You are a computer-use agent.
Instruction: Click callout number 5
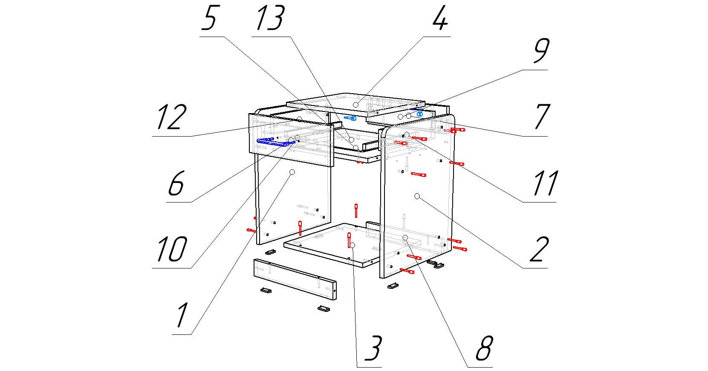pyautogui.click(x=209, y=19)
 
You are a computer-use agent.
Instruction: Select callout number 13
pyautogui.click(x=269, y=19)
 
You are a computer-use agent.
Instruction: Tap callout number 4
pyautogui.click(x=440, y=19)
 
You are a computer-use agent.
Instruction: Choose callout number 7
pyautogui.click(x=541, y=117)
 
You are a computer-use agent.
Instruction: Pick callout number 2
pyautogui.click(x=539, y=249)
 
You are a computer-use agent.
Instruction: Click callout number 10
pyautogui.click(x=171, y=249)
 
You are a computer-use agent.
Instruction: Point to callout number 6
pyautogui.click(x=176, y=183)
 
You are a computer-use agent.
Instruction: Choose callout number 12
pyautogui.click(x=171, y=117)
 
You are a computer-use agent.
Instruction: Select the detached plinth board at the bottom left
pyautogui.click(x=295, y=278)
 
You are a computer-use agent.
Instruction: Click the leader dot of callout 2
pyautogui.click(x=417, y=196)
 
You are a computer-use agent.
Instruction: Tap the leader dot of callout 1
pyautogui.click(x=292, y=172)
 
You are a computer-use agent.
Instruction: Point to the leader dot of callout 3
pyautogui.click(x=353, y=245)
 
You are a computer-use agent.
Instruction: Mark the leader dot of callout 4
pyautogui.click(x=355, y=104)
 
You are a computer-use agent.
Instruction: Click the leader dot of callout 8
pyautogui.click(x=405, y=237)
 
